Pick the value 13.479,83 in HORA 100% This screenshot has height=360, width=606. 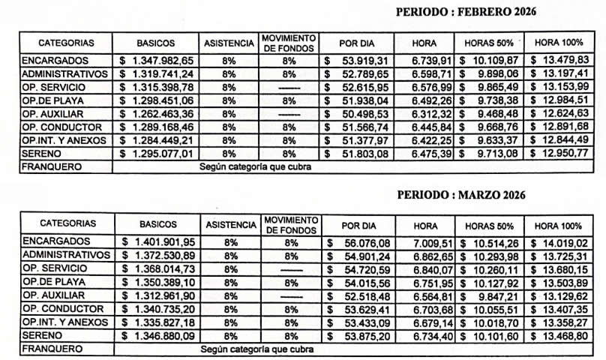tap(564, 61)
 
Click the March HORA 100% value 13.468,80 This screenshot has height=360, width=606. tap(565, 336)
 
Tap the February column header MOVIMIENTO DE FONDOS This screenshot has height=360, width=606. tap(289, 42)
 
